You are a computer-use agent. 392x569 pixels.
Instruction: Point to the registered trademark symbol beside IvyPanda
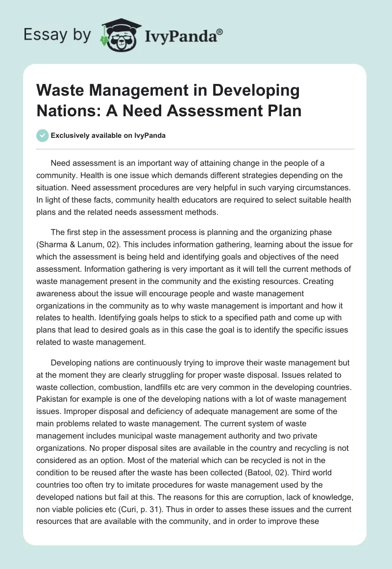coord(220,31)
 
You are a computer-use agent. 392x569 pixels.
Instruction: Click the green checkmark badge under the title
coord(42,135)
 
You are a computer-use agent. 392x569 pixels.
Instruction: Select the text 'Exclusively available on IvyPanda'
coord(108,136)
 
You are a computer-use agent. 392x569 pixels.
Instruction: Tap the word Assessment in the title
coord(212,111)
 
